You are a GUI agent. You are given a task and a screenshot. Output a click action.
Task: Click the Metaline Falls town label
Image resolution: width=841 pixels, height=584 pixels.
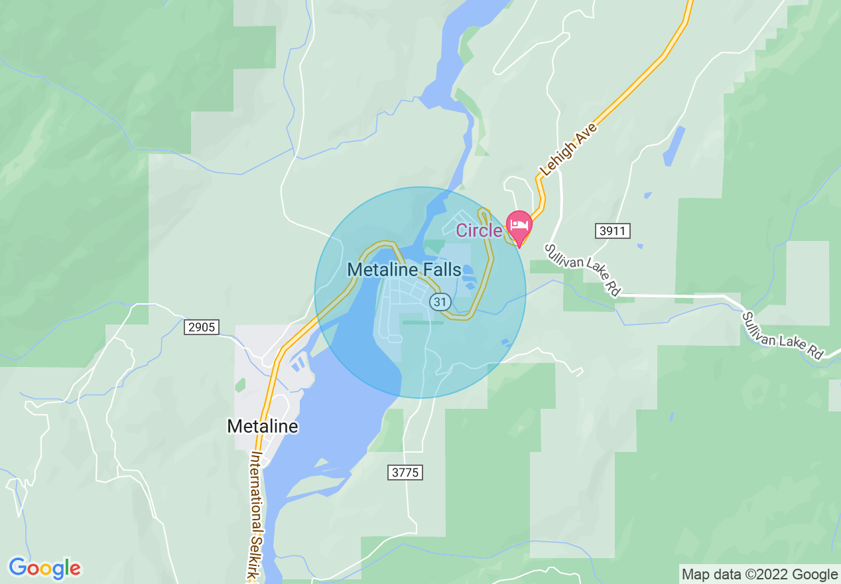(404, 270)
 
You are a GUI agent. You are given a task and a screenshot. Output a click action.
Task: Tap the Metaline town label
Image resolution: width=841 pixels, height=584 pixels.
(263, 426)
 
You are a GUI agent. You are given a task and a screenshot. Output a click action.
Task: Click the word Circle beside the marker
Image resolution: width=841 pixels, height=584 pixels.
(479, 231)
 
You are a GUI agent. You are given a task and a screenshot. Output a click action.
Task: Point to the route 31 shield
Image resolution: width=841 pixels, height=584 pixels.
(440, 302)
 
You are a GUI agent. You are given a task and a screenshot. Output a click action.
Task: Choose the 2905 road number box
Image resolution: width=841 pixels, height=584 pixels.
(201, 327)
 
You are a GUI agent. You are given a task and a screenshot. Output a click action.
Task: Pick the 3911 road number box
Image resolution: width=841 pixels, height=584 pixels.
(612, 231)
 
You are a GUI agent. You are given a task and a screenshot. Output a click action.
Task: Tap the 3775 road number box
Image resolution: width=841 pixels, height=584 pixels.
(405, 473)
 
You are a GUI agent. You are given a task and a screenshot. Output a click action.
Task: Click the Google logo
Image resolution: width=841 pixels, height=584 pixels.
(44, 568)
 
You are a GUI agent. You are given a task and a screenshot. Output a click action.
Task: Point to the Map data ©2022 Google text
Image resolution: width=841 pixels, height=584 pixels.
(759, 575)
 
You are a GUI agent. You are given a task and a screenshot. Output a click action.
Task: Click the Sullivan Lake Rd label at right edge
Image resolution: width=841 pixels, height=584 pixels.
(783, 336)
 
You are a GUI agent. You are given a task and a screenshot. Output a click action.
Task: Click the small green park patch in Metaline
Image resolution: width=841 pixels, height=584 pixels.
(239, 385)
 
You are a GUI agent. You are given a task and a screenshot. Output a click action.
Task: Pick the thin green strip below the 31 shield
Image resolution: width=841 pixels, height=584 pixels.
(423, 323)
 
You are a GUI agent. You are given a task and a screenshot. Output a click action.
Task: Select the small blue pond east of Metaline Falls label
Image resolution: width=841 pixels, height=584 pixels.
(467, 271)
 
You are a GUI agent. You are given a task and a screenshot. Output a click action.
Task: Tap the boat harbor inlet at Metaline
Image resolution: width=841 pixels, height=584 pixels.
(299, 362)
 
